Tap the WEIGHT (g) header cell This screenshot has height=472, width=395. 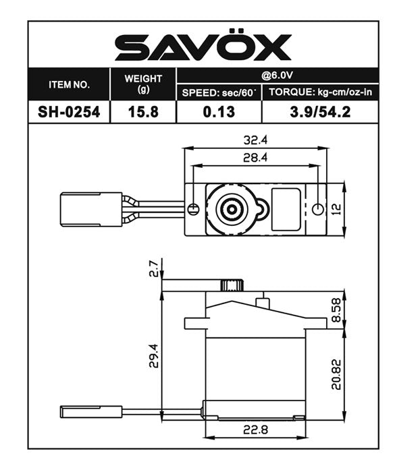tap(143, 84)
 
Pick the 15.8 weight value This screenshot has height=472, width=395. tap(143, 112)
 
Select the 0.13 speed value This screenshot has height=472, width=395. tap(219, 112)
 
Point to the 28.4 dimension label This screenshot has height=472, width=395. tap(257, 157)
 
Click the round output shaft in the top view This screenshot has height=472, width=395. tap(232, 208)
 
